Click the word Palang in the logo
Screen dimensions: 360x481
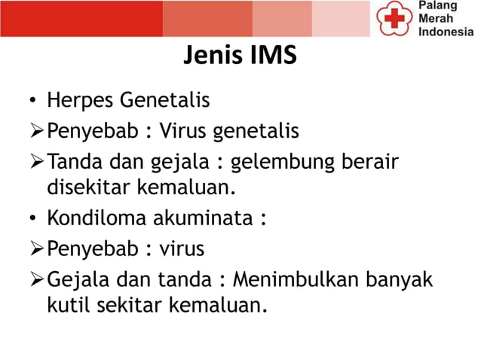click(x=437, y=7)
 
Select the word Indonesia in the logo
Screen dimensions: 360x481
click(x=446, y=32)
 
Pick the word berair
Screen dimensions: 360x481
click(x=374, y=163)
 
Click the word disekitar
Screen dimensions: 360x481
click(x=86, y=185)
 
